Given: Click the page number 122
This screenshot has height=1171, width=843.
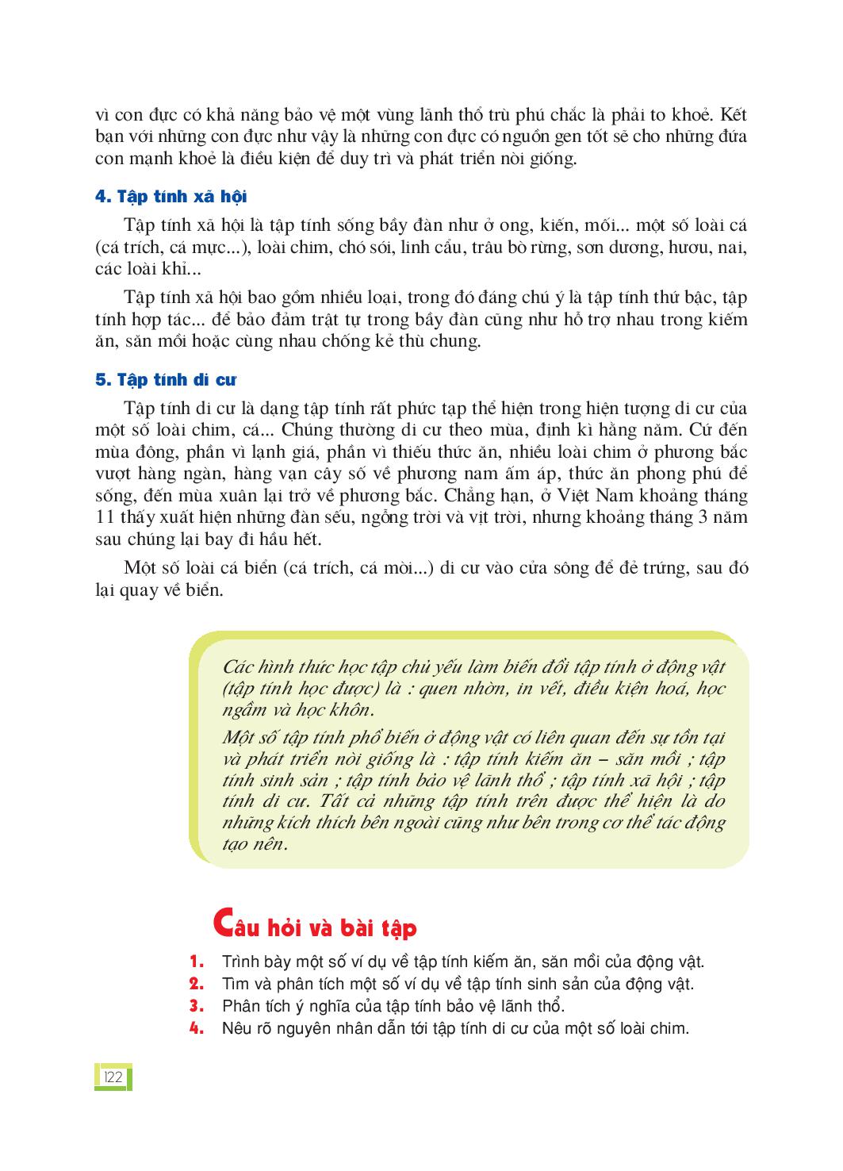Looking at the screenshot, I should pos(112,1077).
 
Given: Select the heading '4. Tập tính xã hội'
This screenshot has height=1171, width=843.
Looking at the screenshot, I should pos(171,197).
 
